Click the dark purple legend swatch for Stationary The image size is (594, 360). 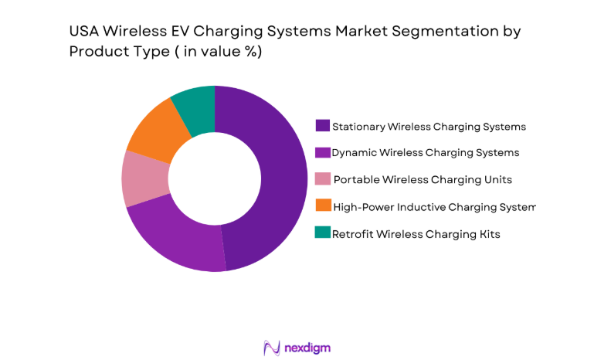(323, 126)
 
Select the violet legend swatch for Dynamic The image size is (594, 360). (323, 152)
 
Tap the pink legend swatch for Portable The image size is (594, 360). (323, 179)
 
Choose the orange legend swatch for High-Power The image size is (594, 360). (323, 205)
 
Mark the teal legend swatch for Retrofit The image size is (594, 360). (323, 233)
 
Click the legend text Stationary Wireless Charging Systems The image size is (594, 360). (429, 126)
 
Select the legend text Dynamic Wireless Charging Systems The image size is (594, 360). (425, 153)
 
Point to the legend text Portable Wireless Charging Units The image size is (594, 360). (421, 179)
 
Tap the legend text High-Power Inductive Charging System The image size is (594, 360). (433, 206)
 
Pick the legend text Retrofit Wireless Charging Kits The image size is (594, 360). (416, 233)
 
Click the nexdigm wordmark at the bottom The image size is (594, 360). (307, 348)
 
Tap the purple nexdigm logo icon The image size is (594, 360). (271, 348)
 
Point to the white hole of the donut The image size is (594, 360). (215, 178)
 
